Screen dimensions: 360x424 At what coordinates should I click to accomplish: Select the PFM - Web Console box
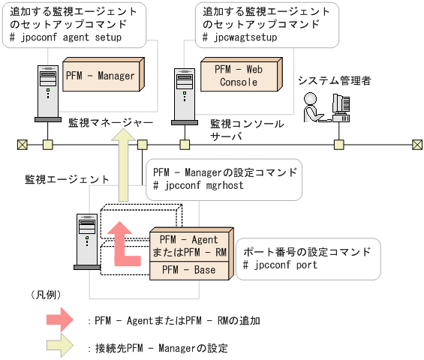(x=239, y=76)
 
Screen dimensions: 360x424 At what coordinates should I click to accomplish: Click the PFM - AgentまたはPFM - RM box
(x=189, y=245)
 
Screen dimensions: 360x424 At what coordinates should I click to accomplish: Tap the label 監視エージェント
(x=67, y=179)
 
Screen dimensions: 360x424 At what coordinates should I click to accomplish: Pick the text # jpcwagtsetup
(x=238, y=36)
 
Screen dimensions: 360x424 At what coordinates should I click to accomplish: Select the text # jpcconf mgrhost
(x=198, y=185)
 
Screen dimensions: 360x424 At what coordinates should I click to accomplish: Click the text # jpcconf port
(x=281, y=265)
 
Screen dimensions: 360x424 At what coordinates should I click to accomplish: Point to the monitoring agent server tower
(x=85, y=241)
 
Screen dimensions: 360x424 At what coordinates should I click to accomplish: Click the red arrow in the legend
(x=59, y=320)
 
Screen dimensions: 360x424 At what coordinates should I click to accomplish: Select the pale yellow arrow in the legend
(x=59, y=347)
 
